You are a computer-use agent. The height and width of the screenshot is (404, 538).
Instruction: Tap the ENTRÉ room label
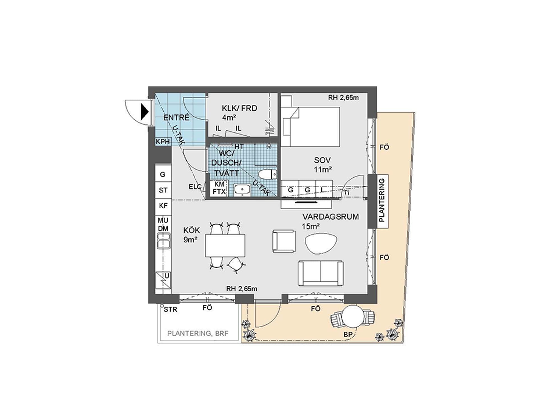176,118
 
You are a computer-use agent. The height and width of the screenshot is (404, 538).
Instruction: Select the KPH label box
163,141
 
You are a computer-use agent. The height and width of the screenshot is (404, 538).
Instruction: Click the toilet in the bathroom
268,174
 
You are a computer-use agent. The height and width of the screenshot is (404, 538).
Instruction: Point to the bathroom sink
242,189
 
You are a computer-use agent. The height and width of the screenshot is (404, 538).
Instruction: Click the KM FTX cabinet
219,188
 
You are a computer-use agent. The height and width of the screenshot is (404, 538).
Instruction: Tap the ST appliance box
163,190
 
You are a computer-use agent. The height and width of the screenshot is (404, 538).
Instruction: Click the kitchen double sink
164,241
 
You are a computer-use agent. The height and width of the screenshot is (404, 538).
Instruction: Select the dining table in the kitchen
225,245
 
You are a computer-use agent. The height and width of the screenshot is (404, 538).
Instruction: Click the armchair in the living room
284,241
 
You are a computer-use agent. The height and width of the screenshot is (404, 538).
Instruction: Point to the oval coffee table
321,244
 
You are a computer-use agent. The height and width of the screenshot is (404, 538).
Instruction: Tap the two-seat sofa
321,273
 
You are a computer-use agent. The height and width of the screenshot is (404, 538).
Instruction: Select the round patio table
353,316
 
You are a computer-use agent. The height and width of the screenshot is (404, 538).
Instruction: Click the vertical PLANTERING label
382,200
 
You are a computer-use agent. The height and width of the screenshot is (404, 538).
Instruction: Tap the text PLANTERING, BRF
198,334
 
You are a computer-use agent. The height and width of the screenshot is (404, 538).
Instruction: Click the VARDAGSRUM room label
330,217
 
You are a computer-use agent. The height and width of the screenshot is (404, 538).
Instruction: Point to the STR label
170,310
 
